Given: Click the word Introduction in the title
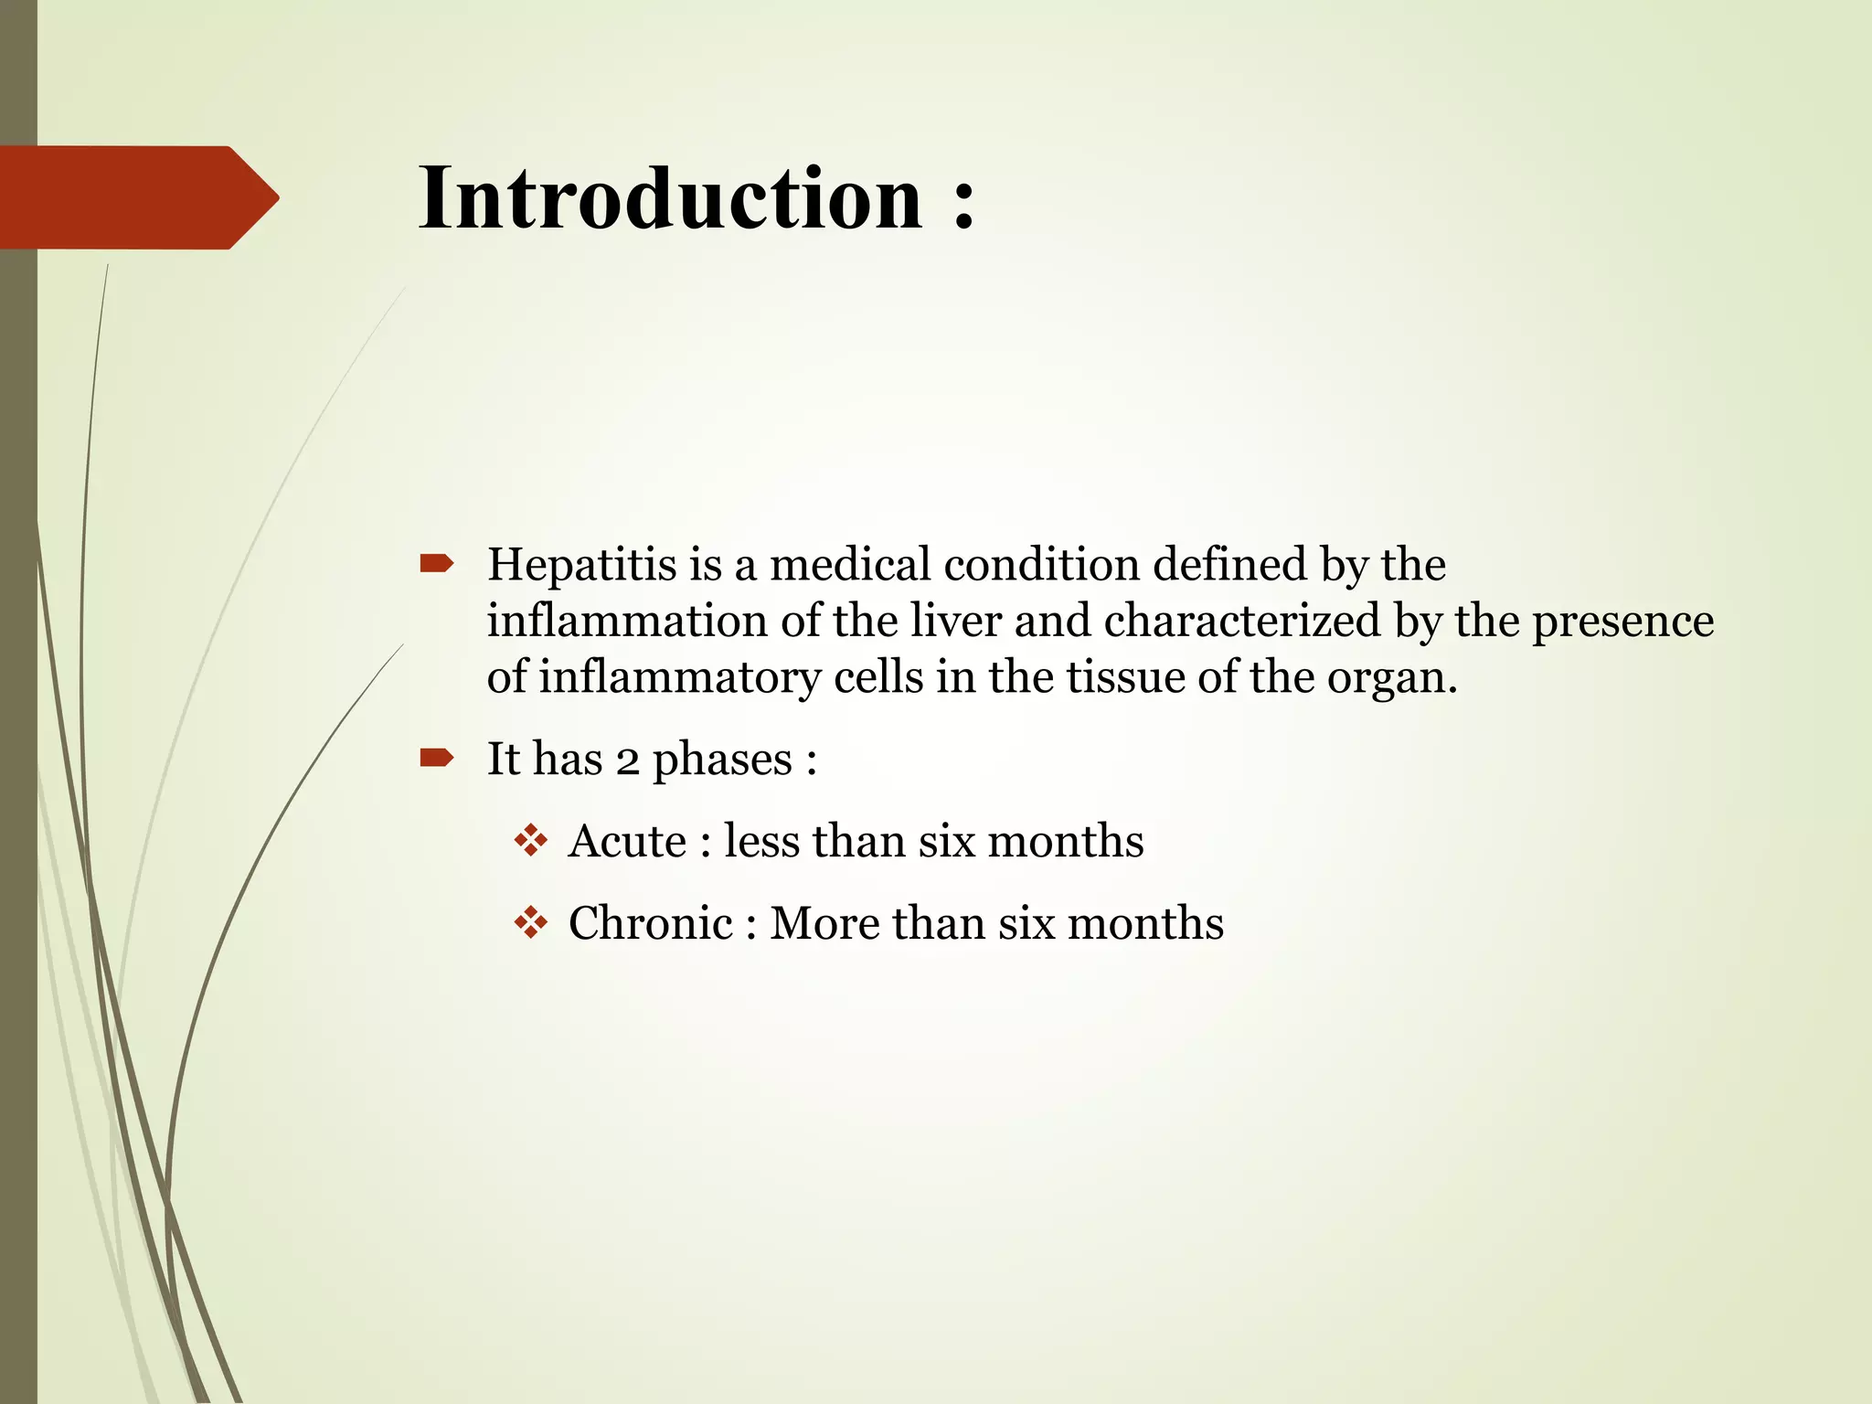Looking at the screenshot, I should coord(671,198).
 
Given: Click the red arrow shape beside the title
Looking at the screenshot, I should coord(137,197).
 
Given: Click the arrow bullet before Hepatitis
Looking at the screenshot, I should coord(436,564).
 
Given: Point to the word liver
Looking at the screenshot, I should coord(956,621).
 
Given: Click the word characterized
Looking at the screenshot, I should coord(1242,621).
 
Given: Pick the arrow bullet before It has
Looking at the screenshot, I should coord(436,757).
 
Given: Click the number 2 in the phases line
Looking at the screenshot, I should coord(627,760).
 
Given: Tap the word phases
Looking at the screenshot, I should coord(722,760).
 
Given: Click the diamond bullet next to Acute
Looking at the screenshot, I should coord(530,840).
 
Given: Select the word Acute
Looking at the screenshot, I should coord(627,841).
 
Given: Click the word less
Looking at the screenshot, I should coord(761,841).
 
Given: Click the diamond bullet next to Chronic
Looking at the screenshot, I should coord(530,922).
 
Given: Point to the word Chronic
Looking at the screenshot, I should coord(651,923).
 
